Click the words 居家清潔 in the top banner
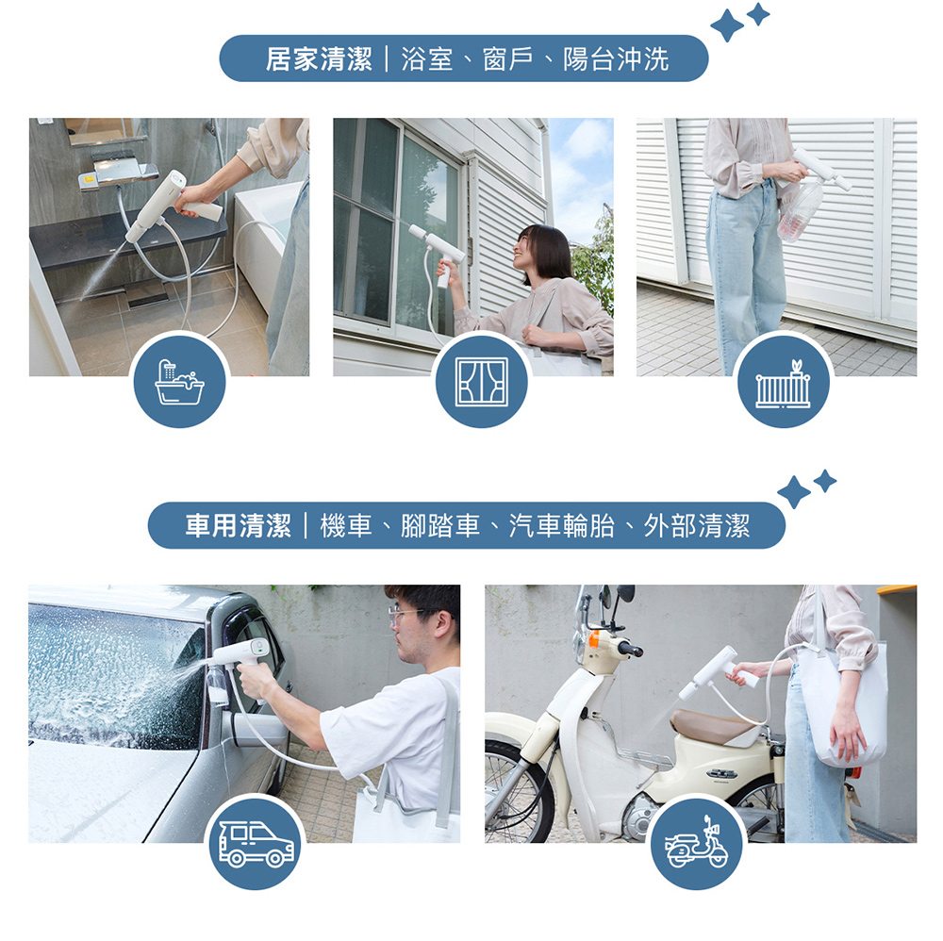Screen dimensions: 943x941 319,58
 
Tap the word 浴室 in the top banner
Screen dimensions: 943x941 427,58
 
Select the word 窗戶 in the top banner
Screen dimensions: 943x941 508,58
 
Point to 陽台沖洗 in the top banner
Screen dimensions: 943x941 616,58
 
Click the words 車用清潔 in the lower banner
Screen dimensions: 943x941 239,525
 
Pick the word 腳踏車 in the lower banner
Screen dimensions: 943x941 440,525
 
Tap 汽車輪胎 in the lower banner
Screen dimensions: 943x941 562,525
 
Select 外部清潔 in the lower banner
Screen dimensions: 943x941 697,525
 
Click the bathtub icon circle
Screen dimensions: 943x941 180,382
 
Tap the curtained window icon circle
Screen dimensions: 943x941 482,382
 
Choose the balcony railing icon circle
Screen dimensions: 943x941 784,382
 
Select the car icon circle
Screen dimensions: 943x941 256,843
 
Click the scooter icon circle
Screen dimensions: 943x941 697,843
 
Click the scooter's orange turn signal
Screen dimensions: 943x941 594,638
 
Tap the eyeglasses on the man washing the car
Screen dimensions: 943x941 405,615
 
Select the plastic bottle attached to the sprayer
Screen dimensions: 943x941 800,210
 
